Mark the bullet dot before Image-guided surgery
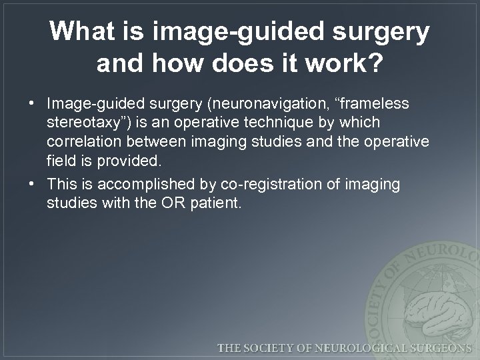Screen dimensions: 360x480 click(x=32, y=105)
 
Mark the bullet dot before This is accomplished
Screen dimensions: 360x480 click(x=32, y=184)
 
